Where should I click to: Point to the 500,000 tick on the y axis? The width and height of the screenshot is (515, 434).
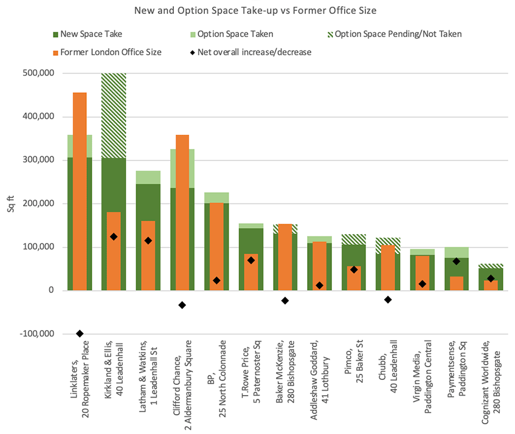tap(38, 74)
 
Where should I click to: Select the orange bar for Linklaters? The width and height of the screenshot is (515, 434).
tap(80, 188)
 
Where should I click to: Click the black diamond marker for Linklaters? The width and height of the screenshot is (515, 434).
tap(80, 334)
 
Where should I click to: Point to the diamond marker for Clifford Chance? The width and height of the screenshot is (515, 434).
tap(181, 305)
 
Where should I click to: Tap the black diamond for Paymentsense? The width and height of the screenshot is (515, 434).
tap(457, 261)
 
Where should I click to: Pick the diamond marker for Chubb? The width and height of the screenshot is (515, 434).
tap(388, 300)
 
